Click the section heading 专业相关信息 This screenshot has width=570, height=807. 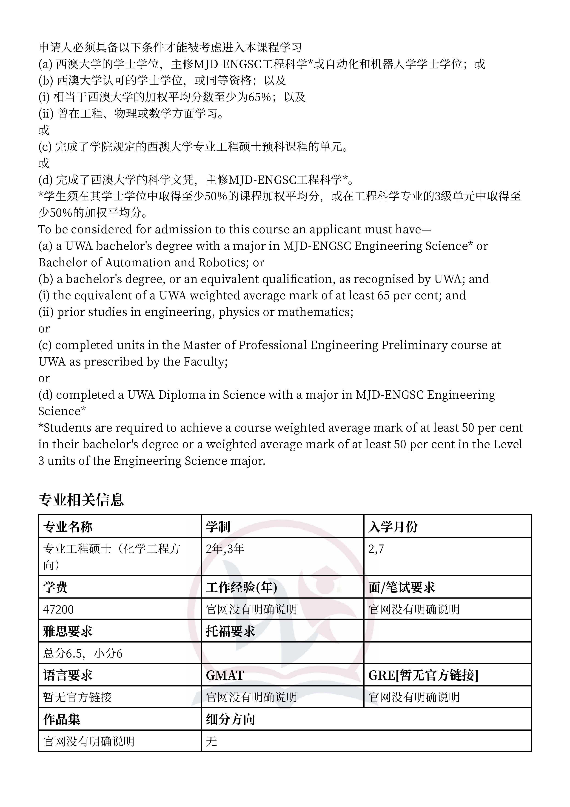pos(81,500)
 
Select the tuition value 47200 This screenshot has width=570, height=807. pos(58,609)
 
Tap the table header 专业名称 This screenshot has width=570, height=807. pos(68,527)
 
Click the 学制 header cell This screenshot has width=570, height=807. pos(218,527)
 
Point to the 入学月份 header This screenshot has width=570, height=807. pos(393,527)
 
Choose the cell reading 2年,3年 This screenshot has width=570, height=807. pos(225,549)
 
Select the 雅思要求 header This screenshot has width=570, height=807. pos(68,631)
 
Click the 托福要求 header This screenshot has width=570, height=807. pos(230,631)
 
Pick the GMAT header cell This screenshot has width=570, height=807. pos(225,675)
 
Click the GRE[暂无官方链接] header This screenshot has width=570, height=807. pos(423,675)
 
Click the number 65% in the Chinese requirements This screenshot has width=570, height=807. pos(259,97)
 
